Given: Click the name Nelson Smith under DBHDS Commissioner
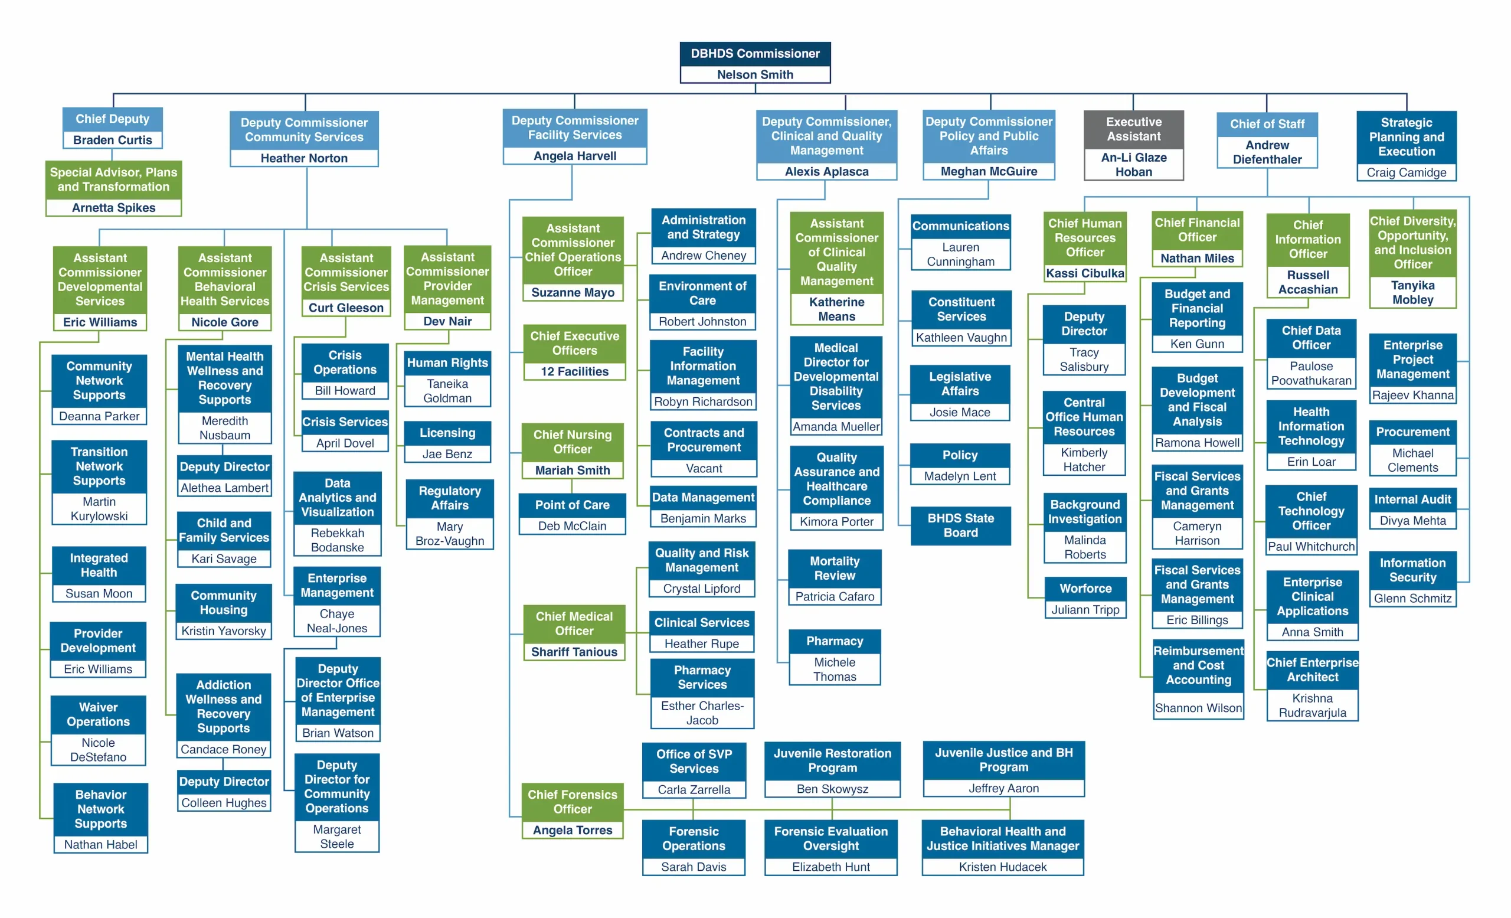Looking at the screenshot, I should click(x=755, y=75).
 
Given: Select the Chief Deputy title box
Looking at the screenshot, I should click(x=112, y=119).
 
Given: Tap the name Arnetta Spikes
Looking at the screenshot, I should click(x=113, y=208).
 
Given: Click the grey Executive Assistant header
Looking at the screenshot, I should click(x=1133, y=129).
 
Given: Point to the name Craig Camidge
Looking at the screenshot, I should click(x=1406, y=173).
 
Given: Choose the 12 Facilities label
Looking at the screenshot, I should click(x=574, y=371).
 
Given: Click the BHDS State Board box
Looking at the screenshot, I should click(x=960, y=525).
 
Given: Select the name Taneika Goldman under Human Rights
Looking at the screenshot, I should click(x=447, y=391).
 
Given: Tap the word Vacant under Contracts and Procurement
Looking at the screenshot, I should click(x=704, y=469).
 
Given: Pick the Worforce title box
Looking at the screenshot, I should click(x=1085, y=589).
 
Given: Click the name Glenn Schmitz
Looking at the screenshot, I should click(x=1412, y=599).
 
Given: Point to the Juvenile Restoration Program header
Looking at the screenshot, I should click(x=832, y=760).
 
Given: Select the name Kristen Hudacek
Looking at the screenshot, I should click(x=1003, y=867).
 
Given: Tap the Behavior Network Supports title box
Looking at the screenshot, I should click(x=100, y=809).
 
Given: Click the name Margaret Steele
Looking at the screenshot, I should click(x=336, y=837).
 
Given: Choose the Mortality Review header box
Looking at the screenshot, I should click(x=835, y=569).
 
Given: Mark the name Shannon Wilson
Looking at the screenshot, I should click(x=1198, y=708).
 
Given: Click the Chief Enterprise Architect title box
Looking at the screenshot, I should click(x=1312, y=670).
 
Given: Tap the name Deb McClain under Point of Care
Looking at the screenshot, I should click(x=571, y=526).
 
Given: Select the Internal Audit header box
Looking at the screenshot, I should click(x=1412, y=500).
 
